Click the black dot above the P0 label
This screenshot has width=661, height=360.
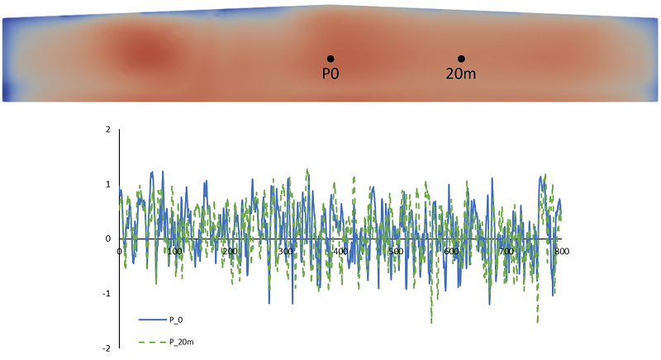click(330, 59)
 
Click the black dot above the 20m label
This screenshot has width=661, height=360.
click(461, 59)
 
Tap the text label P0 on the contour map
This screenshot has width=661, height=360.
click(330, 73)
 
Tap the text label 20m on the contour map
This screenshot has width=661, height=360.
click(461, 73)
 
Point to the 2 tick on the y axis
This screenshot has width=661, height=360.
click(108, 130)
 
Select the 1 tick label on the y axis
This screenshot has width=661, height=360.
click(108, 184)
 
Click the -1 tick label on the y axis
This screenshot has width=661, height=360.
click(107, 294)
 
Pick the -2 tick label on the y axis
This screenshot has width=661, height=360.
click(107, 348)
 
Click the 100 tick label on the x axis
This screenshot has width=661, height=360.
click(175, 250)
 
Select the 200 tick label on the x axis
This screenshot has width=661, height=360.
click(231, 250)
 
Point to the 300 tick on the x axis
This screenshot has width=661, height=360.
click(286, 250)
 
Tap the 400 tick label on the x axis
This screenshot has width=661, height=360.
click(340, 250)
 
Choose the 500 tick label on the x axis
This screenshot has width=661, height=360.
click(396, 250)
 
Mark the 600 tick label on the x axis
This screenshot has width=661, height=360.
click(451, 250)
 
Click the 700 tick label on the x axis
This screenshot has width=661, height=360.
click(506, 250)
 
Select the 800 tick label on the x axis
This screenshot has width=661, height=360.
click(561, 250)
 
